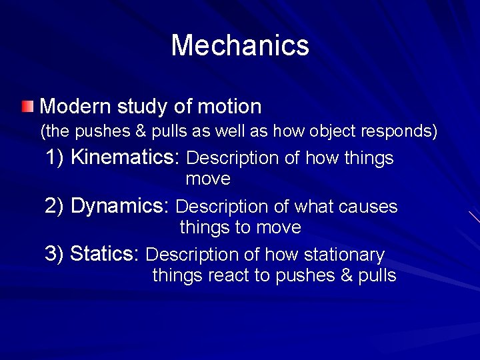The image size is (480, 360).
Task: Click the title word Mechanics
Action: pyautogui.click(x=240, y=45)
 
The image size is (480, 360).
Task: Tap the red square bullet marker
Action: pyautogui.click(x=26, y=106)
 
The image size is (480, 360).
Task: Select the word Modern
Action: pyautogui.click(x=75, y=106)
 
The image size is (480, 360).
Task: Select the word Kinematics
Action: pyautogui.click(x=125, y=158)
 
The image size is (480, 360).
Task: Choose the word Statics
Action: pyautogui.click(x=103, y=255)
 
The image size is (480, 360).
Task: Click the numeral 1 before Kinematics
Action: pyautogui.click(x=52, y=158)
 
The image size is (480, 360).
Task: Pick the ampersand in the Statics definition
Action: pyautogui.click(x=347, y=276)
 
